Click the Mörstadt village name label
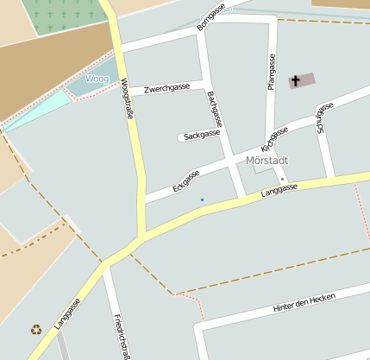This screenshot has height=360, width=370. coord(267,161)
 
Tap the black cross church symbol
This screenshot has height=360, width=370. coord(296,81)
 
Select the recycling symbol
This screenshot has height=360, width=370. coord(36,329)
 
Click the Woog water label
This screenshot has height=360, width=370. coord(97,79)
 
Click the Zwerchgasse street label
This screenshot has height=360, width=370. coord(167,88)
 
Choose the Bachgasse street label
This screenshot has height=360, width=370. coord(215,110)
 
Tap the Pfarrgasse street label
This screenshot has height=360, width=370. coord(272,73)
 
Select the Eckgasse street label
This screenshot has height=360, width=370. coord(185,180)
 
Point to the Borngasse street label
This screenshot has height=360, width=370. coord(210,16)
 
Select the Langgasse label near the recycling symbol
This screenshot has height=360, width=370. coord(67,314)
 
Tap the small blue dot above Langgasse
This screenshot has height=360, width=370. coord(203,200)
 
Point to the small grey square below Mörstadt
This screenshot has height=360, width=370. coord(282,179)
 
